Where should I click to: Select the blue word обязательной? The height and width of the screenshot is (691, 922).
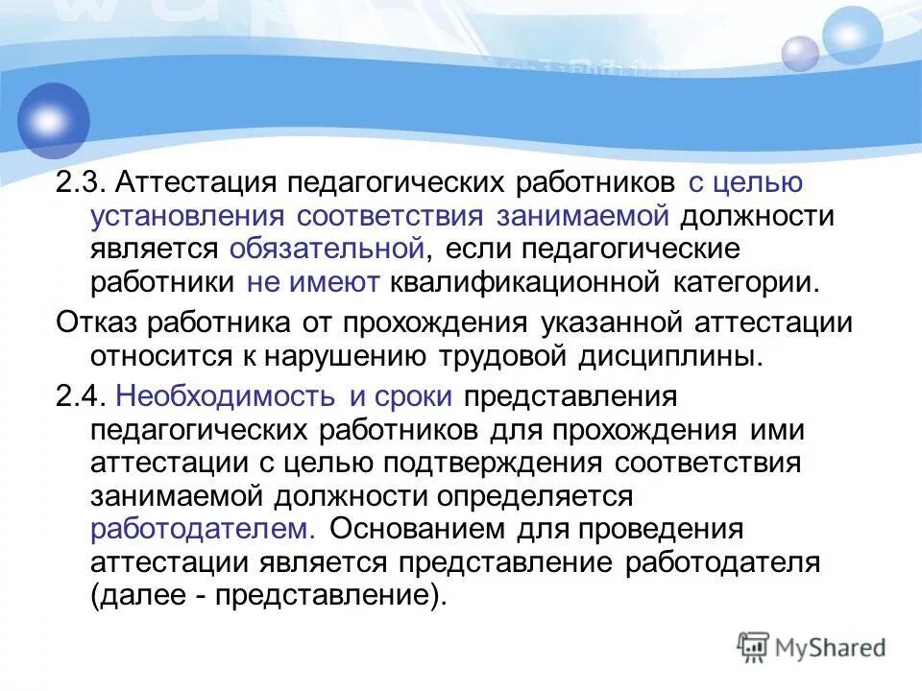(328, 249)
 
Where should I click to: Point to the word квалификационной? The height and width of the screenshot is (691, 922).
(513, 282)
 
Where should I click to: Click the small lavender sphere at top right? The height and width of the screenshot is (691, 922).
(800, 54)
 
